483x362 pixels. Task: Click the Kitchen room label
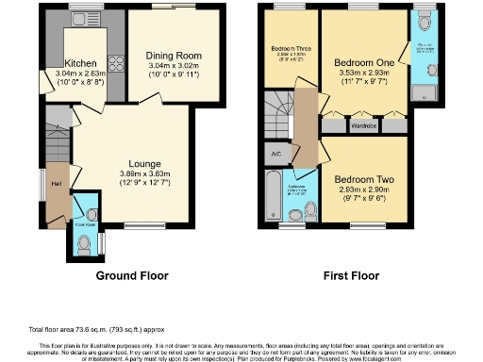click(x=80, y=64)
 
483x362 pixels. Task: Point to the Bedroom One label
click(x=362, y=61)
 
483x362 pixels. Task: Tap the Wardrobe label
click(x=363, y=123)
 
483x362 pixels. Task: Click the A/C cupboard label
click(x=275, y=154)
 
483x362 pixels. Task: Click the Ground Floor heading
click(x=132, y=276)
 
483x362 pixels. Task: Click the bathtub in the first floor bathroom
click(x=272, y=199)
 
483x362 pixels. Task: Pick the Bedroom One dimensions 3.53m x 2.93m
click(x=362, y=74)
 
